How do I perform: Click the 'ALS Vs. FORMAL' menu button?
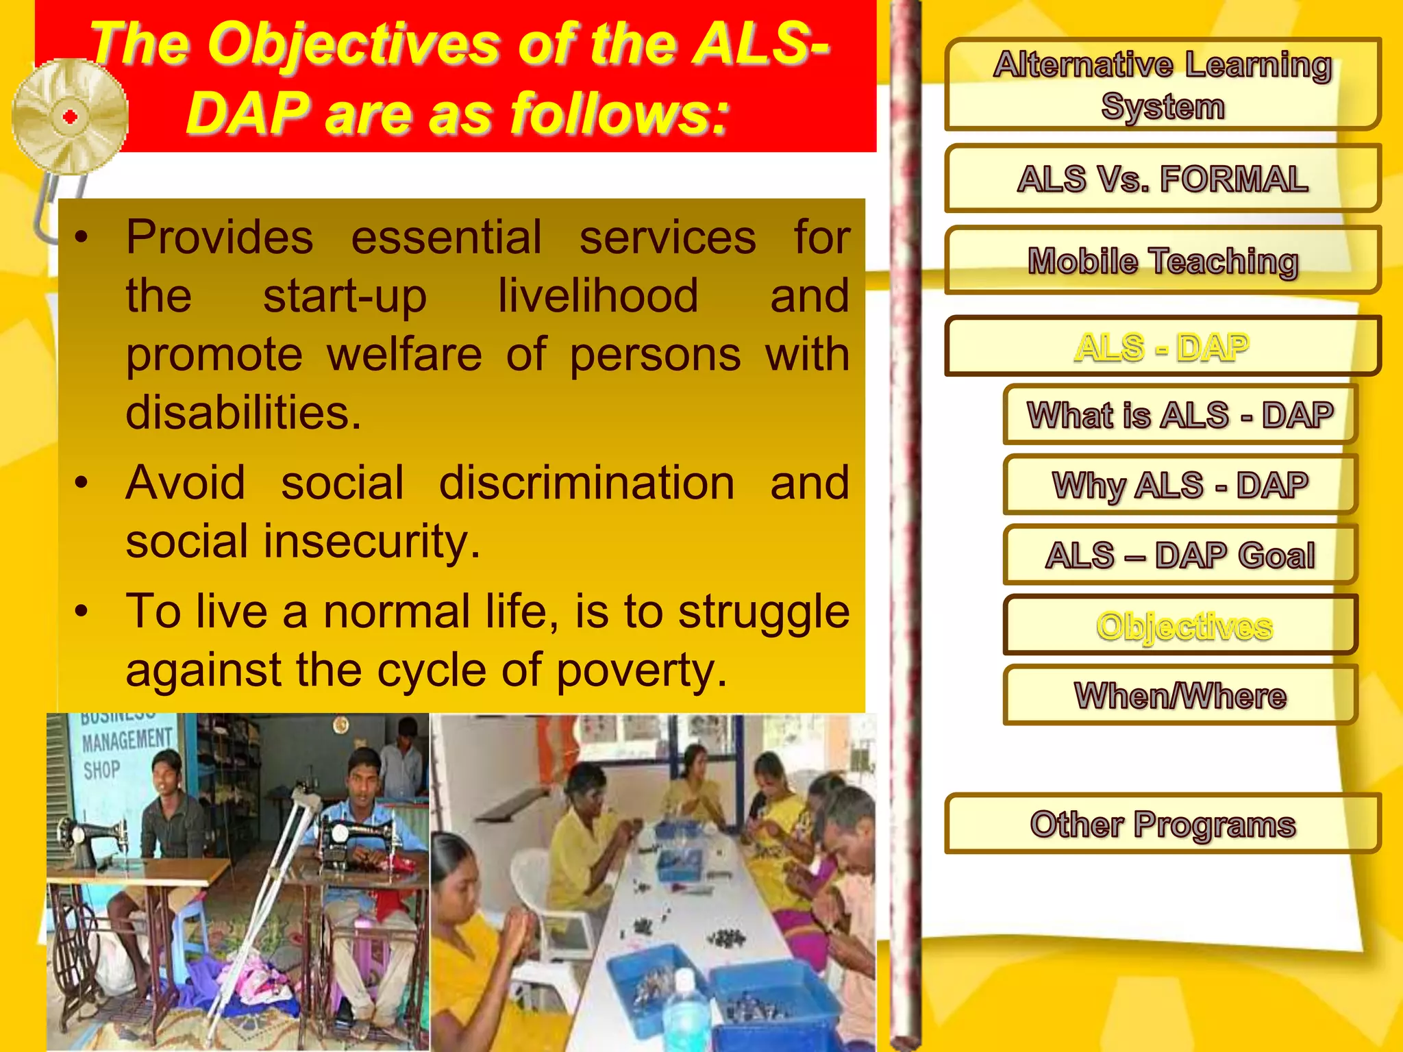tap(1162, 179)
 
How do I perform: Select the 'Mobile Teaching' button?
tap(1162, 261)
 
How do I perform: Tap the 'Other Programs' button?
tap(1162, 824)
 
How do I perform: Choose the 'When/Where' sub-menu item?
tap(1180, 695)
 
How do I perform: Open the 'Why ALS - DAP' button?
tap(1180, 485)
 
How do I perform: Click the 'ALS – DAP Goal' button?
tap(1180, 555)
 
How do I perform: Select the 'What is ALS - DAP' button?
tap(1180, 415)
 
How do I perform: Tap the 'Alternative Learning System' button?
tap(1162, 85)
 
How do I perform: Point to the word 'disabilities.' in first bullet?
tap(243, 413)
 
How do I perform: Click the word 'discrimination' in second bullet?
tap(586, 483)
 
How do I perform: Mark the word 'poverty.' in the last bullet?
tap(641, 670)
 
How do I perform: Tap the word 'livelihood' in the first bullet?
tap(597, 296)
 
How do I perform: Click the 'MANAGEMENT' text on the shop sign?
tap(127, 740)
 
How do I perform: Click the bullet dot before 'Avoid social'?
tap(82, 483)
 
